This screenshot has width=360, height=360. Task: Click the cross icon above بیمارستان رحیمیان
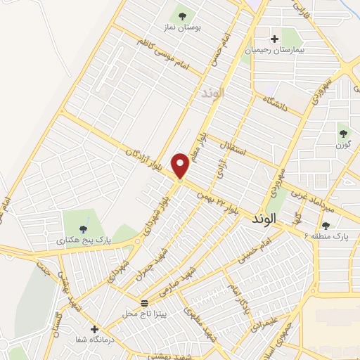(274, 39)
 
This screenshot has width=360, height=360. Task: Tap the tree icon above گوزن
(343, 132)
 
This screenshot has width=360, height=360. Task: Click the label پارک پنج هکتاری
(81, 240)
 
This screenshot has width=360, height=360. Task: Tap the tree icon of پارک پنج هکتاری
(84, 228)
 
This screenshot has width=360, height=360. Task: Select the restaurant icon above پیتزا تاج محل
(144, 302)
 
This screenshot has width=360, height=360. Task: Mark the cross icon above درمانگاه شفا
(94, 328)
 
